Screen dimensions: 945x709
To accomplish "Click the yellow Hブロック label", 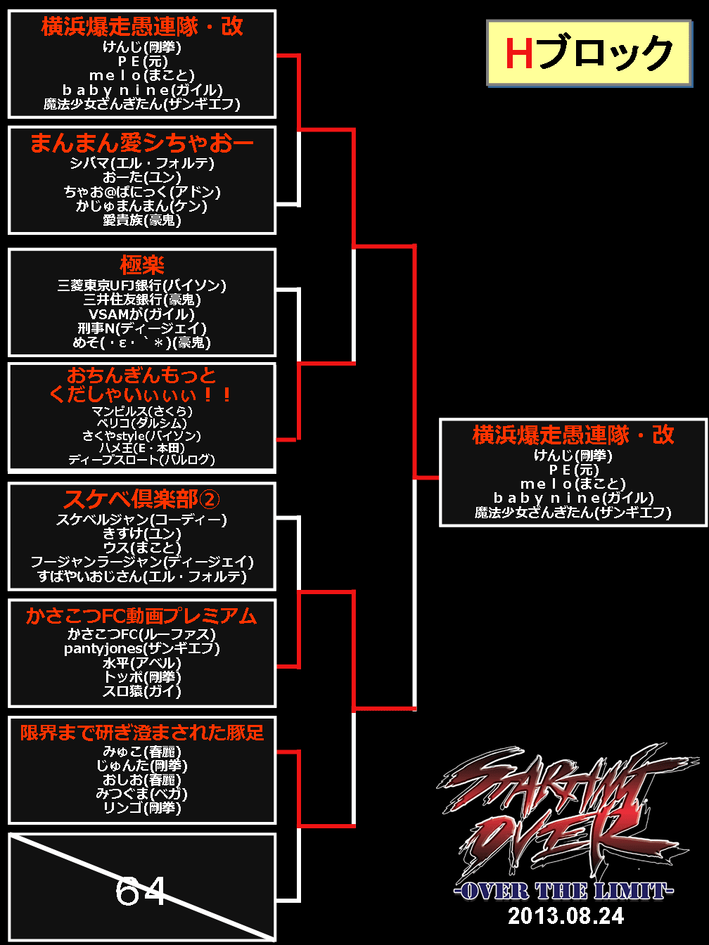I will [589, 53].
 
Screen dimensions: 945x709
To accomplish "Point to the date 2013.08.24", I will [566, 915].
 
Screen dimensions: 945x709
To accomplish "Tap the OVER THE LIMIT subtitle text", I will [564, 892].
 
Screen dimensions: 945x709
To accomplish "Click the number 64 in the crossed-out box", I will [141, 892].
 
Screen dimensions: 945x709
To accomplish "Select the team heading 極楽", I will [142, 265].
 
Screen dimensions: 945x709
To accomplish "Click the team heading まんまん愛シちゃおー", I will [142, 143].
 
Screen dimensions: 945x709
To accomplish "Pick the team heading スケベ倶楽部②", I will [142, 499].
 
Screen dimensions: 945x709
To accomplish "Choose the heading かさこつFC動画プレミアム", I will [142, 616].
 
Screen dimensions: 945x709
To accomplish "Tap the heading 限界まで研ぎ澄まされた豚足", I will [142, 733].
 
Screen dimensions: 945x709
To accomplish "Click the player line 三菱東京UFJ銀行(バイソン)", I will [142, 285].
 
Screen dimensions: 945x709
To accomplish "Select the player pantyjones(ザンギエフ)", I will [142, 648].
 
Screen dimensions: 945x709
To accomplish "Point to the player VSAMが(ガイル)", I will [142, 314].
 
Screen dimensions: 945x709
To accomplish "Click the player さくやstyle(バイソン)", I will [142, 436].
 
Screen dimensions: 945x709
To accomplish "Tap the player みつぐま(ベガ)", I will [142, 794].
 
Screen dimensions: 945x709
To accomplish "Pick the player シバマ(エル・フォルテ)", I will [142, 163].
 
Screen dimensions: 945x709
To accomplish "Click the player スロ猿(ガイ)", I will [142, 691].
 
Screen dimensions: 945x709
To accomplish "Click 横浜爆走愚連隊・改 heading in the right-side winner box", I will [573, 435].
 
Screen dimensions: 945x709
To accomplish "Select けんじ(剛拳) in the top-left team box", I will [142, 47].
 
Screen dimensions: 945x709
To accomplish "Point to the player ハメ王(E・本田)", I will [142, 448].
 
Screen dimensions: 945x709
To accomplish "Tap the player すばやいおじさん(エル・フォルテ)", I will [142, 577].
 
